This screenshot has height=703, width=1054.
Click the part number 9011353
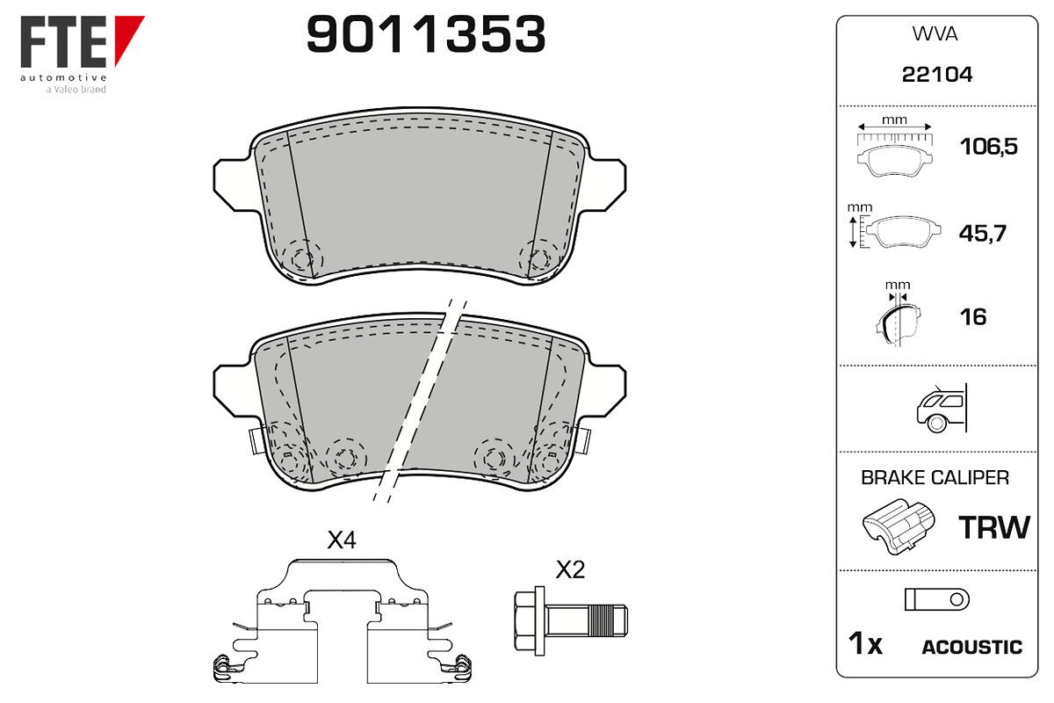[x=426, y=34]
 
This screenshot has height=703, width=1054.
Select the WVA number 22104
[x=937, y=75]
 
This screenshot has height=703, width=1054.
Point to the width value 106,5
[x=989, y=147]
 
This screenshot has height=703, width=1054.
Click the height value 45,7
[x=983, y=233]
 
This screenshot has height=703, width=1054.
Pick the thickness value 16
[x=973, y=317]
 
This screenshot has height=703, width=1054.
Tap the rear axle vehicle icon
[x=942, y=409]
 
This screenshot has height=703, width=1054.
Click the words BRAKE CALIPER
[x=935, y=478]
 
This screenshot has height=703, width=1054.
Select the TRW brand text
[x=993, y=527]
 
